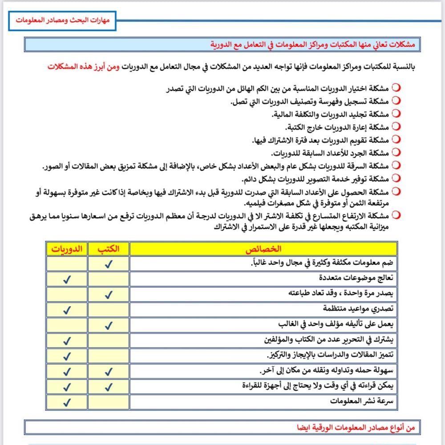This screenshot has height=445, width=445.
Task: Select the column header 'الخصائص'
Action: click(263, 248)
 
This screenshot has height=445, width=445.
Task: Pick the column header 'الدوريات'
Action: click(67, 248)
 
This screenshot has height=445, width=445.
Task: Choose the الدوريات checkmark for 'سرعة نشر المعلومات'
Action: click(67, 403)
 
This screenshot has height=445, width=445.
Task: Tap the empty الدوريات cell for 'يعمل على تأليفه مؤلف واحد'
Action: click(67, 325)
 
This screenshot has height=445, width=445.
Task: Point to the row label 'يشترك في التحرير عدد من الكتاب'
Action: click(329, 340)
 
